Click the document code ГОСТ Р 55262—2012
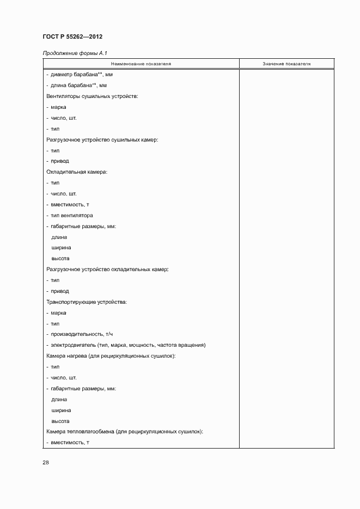coord(72,36)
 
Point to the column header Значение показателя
coord(286,64)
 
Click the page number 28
coord(46,462)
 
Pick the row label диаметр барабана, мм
coord(82,75)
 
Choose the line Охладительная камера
coord(77,172)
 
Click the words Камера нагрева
coord(67,356)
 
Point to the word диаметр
coord(61,75)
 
